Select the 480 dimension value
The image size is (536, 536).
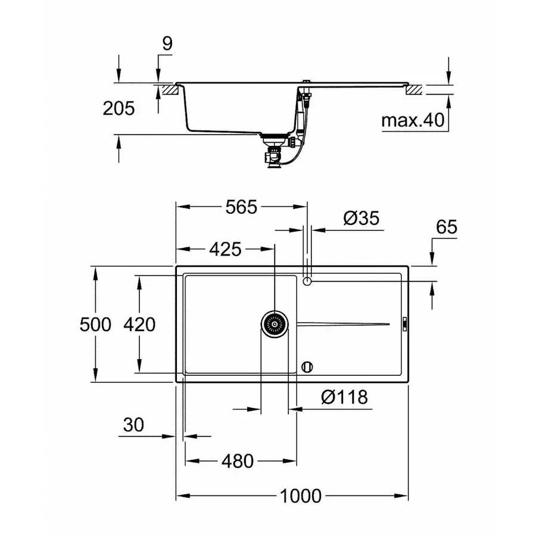238,461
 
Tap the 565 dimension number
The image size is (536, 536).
241,207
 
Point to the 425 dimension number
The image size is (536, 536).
225,249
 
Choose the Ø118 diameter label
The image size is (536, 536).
344,397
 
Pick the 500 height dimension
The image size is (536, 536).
95,325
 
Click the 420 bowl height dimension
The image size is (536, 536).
139,325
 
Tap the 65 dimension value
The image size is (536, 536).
446,227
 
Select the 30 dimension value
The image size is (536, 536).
133,425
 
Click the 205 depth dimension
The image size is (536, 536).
119,108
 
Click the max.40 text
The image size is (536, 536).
413,121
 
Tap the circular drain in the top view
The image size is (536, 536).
275,324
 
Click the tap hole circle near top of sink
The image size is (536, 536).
307,281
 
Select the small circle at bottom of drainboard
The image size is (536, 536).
307,366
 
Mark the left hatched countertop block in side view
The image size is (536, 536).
167,90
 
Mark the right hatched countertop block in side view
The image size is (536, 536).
414,90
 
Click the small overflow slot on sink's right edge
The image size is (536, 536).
404,324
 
